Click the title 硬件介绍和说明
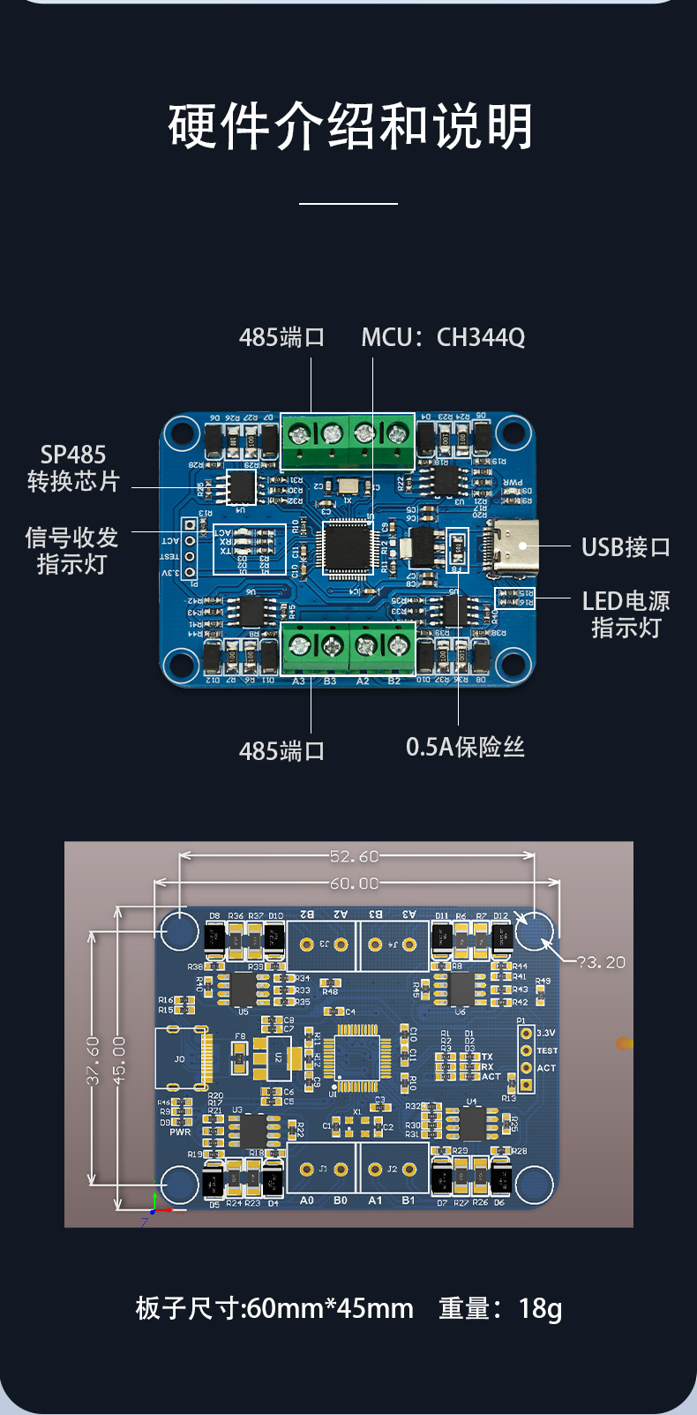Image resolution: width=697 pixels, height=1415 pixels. pos(350,127)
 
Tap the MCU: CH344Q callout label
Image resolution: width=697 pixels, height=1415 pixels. pos(443,337)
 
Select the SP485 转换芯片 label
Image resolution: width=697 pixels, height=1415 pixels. pos(73,468)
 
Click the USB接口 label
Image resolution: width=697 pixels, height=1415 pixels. pos(626,547)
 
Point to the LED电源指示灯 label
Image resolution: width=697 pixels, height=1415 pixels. pos(626,614)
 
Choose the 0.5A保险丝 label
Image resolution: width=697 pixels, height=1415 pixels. pos(465,747)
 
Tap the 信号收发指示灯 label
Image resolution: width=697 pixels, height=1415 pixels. pos(71,551)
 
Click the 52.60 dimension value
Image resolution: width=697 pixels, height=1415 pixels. pos(354,856)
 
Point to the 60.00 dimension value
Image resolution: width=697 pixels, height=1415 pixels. pos(354,884)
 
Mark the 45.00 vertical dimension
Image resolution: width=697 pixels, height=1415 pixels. pos(119,1060)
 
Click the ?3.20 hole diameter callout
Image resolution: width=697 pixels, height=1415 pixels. pos(602,962)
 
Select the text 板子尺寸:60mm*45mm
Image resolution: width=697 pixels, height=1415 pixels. pos(274,1308)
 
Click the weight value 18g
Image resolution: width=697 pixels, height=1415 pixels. pos(540,1308)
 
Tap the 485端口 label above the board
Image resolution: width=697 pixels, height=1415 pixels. pos(282,337)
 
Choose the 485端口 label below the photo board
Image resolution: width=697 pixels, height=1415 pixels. pos(282,751)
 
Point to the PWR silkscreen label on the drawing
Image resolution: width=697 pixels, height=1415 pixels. pos(180,1132)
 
